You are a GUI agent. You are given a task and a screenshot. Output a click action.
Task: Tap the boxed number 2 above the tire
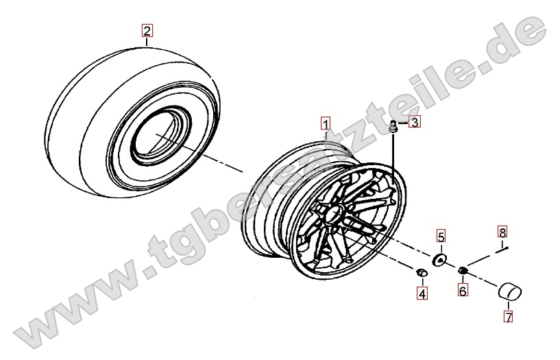tap(147, 31)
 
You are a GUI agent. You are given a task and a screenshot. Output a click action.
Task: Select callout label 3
tap(415, 123)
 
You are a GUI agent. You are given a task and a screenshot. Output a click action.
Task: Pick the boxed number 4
tap(422, 293)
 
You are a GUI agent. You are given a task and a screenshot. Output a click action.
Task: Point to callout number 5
tap(441, 237)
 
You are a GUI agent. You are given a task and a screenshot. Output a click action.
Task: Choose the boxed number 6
tap(463, 290)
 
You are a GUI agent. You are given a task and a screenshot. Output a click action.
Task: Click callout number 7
tap(508, 316)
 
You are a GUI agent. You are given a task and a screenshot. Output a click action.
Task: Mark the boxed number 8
tap(502, 232)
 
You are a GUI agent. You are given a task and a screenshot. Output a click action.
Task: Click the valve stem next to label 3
tap(393, 128)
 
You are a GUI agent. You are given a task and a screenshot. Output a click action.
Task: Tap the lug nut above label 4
tap(422, 273)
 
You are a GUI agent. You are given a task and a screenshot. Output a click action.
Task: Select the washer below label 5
tap(439, 260)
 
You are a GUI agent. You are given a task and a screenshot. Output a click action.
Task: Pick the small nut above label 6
tap(462, 271)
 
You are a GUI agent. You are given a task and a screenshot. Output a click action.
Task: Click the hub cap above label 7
tap(510, 291)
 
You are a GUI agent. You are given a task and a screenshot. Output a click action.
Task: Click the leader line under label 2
tap(147, 42)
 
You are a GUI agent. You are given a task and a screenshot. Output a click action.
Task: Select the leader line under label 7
tap(509, 305)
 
